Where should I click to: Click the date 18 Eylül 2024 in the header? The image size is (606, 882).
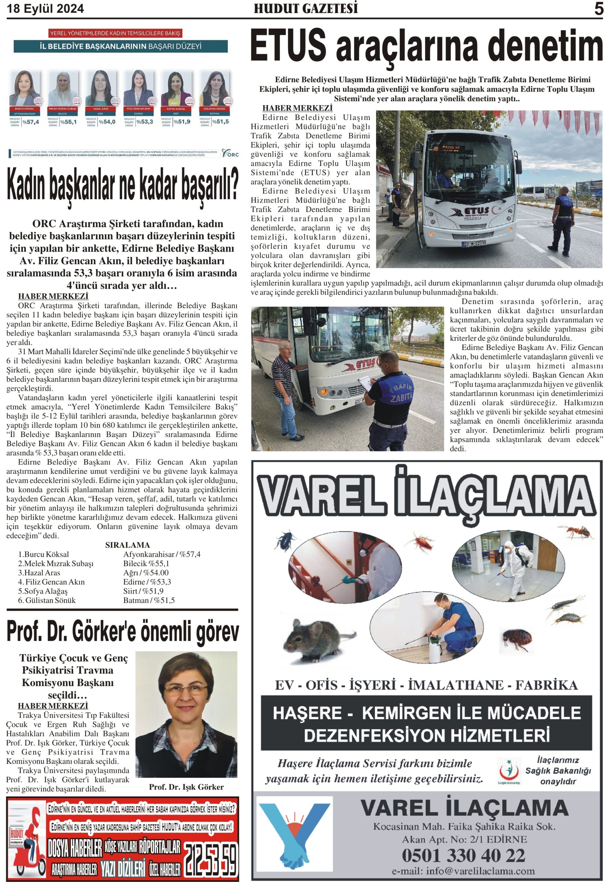pos(45,8)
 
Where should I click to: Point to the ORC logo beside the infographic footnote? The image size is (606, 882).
pos(231,153)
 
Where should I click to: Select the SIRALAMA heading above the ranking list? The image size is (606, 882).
pos(128,545)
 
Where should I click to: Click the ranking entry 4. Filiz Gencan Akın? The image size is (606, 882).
pos(51,582)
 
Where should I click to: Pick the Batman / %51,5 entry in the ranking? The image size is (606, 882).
pos(149,600)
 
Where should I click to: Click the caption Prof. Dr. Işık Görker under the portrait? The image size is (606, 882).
pos(186,787)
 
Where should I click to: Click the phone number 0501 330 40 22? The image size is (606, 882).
pos(464,855)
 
